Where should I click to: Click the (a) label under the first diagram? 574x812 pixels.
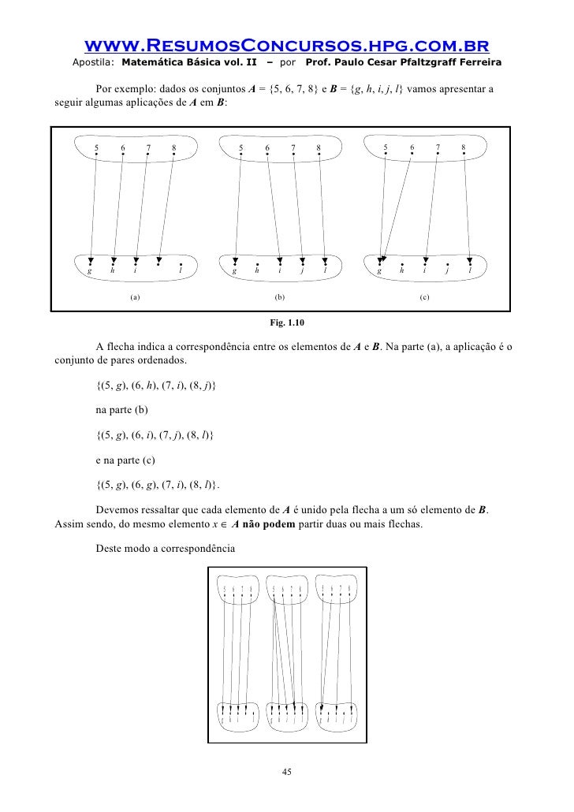pyautogui.click(x=135, y=297)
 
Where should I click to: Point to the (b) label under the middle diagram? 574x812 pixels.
pyautogui.click(x=279, y=297)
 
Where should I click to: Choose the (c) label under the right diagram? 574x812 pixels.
pyautogui.click(x=424, y=297)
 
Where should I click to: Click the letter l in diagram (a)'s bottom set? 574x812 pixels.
pyautogui.click(x=181, y=270)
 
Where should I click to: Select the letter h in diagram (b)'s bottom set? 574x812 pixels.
pyautogui.click(x=257, y=270)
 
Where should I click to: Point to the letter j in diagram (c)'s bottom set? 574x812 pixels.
pyautogui.click(x=447, y=270)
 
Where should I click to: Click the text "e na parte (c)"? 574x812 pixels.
pyautogui.click(x=128, y=459)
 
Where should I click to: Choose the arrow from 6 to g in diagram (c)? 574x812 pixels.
pyautogui.click(x=396, y=207)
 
